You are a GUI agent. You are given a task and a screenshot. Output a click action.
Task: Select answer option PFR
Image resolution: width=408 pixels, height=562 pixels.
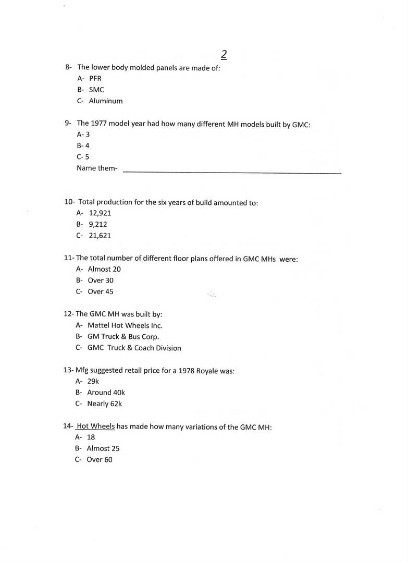point(95,78)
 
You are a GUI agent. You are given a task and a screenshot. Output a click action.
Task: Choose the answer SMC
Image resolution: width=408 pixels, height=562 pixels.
point(96,90)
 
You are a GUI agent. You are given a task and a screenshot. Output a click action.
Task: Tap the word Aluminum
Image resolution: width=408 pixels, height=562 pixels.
point(105,101)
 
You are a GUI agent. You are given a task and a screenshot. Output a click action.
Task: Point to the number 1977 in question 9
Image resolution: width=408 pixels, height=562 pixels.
point(98,124)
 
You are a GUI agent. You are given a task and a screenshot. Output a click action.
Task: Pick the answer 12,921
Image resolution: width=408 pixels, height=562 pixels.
point(100,213)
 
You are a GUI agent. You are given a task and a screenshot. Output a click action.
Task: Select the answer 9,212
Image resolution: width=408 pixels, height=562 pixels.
point(98,224)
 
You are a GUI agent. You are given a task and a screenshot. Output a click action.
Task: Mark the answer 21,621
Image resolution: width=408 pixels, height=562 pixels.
point(100,236)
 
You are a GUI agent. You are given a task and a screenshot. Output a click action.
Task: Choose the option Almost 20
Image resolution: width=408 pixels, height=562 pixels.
point(104,269)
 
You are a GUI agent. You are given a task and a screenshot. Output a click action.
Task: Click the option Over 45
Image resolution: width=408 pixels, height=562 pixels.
point(100,292)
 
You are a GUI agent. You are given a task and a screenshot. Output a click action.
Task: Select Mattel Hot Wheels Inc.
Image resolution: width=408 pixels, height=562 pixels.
point(125,325)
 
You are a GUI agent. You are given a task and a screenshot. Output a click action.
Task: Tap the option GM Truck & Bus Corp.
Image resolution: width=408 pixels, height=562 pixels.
point(123,337)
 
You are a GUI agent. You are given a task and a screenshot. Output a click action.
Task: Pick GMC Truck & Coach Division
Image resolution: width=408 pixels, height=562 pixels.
point(134,348)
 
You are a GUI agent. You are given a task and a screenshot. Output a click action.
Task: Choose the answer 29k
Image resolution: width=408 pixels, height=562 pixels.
point(93,381)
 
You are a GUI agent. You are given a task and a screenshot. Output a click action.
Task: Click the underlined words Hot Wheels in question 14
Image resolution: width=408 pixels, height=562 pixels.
point(95,426)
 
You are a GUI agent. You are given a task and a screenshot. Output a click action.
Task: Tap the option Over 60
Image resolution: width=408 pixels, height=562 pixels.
point(99,460)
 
